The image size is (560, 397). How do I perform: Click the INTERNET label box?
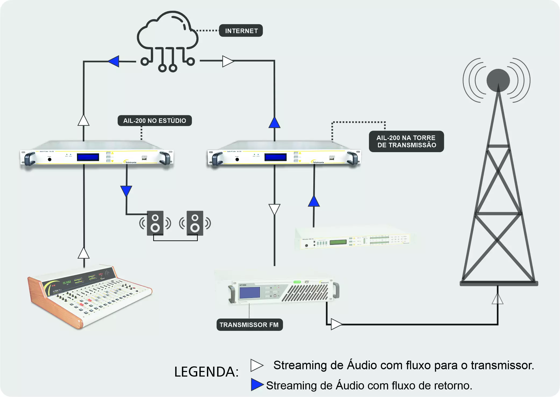[241, 31]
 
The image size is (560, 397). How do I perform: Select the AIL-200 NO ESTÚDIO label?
[155, 121]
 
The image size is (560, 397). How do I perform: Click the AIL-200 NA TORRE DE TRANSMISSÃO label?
[406, 141]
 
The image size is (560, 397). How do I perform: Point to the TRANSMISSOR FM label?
[249, 325]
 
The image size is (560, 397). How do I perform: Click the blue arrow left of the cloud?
[114, 61]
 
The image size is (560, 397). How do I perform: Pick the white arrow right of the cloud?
[228, 61]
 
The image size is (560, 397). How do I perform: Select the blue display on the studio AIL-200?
[88, 157]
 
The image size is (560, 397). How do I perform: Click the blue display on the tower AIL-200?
[275, 157]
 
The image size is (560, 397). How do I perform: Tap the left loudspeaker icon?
[155, 223]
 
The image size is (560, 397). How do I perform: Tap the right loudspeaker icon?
[195, 223]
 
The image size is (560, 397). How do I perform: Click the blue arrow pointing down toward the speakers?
[126, 191]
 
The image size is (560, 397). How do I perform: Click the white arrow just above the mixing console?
[84, 253]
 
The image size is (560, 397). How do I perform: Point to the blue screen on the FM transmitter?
[250, 293]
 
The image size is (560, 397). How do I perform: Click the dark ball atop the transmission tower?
[498, 80]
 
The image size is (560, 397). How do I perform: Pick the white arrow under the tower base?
[497, 299]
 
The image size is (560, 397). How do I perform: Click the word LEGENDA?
[206, 372]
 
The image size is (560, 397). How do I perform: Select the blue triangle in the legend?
[257, 385]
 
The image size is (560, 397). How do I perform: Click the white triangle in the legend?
[256, 365]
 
